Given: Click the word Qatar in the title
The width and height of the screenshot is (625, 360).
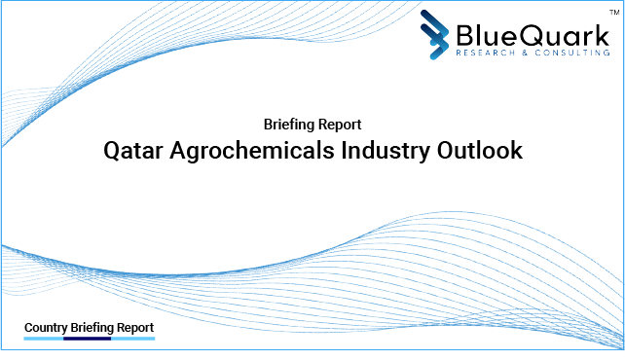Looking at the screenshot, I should tap(132, 152).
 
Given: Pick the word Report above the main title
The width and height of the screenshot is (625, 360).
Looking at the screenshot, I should tap(342, 125).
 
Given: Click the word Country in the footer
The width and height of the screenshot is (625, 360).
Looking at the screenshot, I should tap(45, 328).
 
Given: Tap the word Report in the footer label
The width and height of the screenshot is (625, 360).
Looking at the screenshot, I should tap(135, 328).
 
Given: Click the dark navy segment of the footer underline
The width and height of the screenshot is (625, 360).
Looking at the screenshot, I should tap(87, 340).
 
